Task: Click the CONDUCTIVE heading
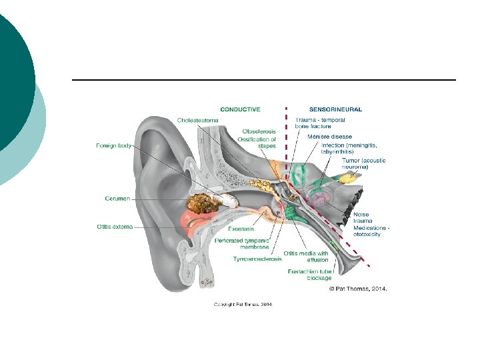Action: pyautogui.click(x=240, y=109)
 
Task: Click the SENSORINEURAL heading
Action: pyautogui.click(x=335, y=109)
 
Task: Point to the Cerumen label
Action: pyautogui.click(x=117, y=198)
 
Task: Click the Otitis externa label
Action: pyautogui.click(x=115, y=226)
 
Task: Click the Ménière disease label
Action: pyautogui.click(x=329, y=137)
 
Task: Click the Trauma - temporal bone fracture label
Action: pyautogui.click(x=320, y=123)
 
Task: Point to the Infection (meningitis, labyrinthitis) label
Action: pyautogui.click(x=348, y=149)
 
